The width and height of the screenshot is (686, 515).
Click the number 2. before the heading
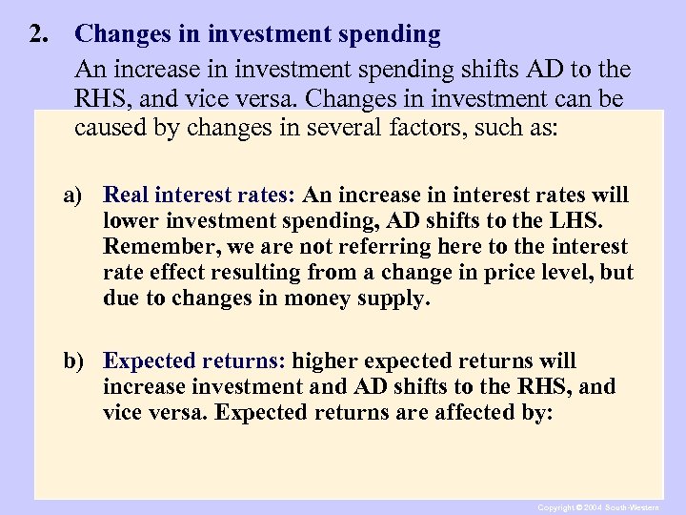39,35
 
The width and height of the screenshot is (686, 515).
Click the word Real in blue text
124,196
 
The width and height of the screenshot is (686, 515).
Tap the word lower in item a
130,221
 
